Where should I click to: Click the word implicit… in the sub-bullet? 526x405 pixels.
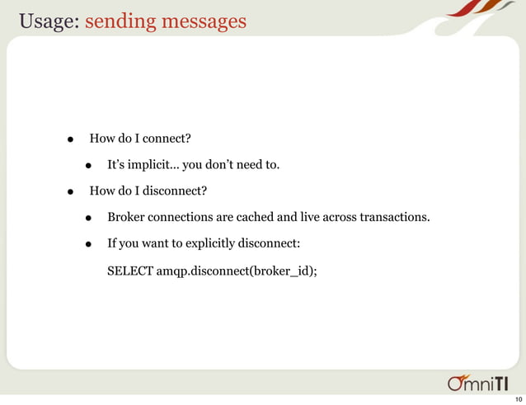pyautogui.click(x=153, y=166)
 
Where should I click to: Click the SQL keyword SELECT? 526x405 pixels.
pyautogui.click(x=130, y=270)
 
